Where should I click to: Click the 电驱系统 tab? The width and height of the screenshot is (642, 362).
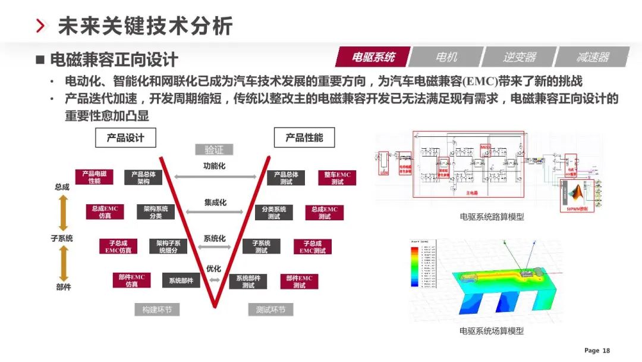coord(373,57)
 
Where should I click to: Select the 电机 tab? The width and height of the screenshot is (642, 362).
coord(446,57)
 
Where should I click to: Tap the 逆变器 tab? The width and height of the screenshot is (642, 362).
coord(519,57)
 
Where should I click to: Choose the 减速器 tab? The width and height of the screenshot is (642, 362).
coord(592,57)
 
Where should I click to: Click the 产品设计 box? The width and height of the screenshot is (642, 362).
coord(125,138)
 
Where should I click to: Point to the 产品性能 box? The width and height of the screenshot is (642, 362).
coord(304,138)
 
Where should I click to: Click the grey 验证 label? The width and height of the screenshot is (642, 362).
coord(214,149)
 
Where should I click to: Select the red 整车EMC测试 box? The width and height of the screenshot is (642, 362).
coord(337,178)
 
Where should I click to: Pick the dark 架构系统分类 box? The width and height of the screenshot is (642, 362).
coord(156,213)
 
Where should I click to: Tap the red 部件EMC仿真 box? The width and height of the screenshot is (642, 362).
coord(131,280)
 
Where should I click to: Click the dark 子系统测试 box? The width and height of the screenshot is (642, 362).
coord(261,246)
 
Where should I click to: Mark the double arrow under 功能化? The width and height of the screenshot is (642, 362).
coord(215,176)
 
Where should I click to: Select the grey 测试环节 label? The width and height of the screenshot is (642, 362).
coord(270,310)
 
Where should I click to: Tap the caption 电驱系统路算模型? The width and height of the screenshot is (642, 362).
coord(492,217)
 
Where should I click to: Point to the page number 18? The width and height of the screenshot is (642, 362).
coord(606,351)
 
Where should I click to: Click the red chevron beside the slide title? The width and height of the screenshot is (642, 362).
coord(41,26)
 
